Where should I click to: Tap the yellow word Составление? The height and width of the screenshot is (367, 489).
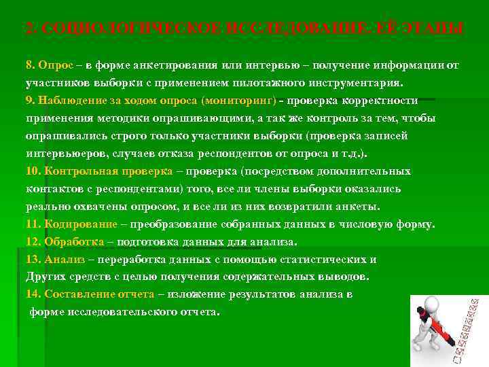[x=77, y=294]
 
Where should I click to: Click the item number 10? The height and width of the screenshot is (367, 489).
[x=33, y=171]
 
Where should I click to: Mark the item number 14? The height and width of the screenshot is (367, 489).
[x=33, y=294]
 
